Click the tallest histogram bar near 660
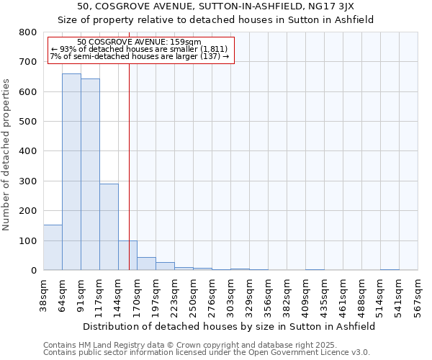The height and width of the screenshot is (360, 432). pyautogui.click(x=71, y=172)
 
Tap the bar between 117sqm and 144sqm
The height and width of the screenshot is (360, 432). pyautogui.click(x=109, y=227)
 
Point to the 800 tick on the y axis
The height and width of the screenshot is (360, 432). pyautogui.click(x=27, y=32)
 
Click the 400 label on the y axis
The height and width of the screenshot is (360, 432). pyautogui.click(x=27, y=151)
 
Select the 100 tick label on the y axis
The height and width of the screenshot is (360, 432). pyautogui.click(x=27, y=240)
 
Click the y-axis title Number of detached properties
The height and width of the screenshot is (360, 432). pyautogui.click(x=7, y=151)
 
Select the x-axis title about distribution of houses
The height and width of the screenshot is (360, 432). pyautogui.click(x=229, y=326)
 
